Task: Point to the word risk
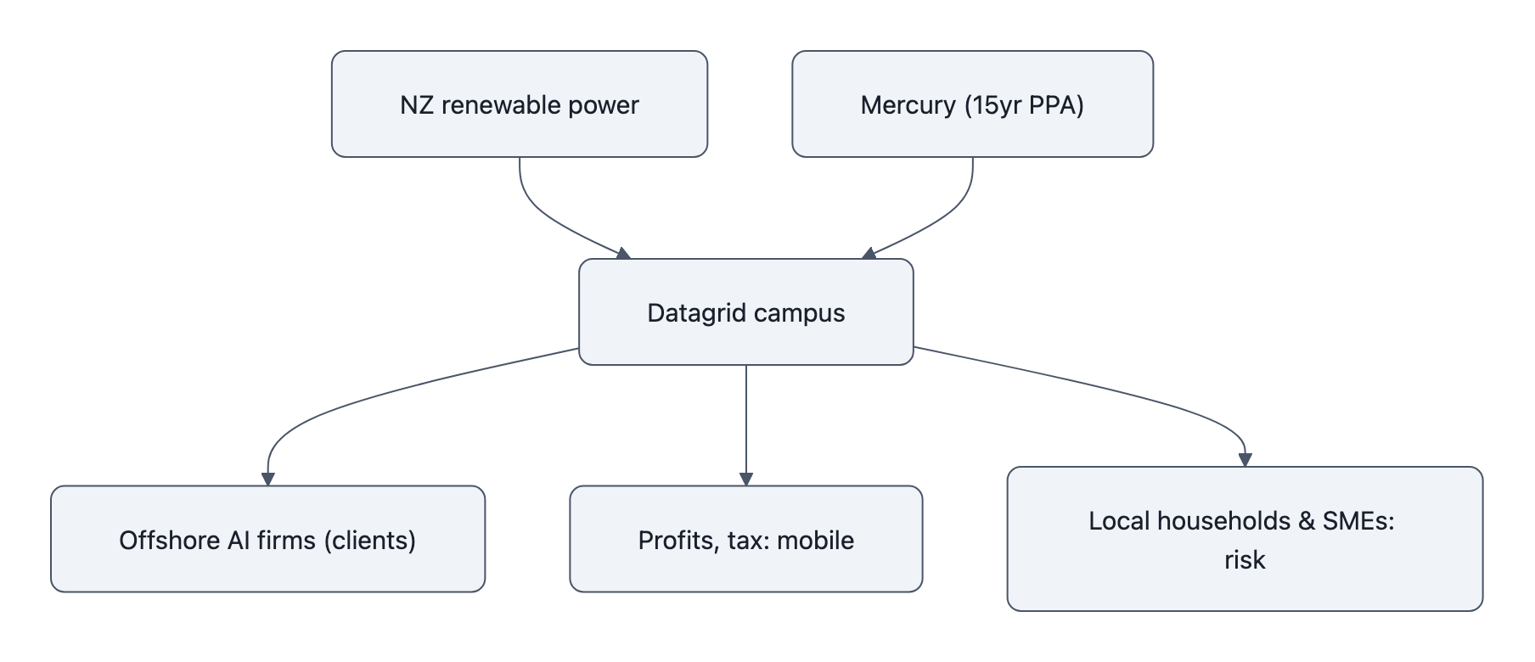click(1245, 560)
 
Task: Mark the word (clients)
click(370, 541)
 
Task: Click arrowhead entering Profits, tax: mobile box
click(746, 479)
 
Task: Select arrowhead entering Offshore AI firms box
click(268, 479)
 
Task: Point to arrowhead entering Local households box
click(1245, 460)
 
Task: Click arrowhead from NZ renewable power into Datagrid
click(623, 253)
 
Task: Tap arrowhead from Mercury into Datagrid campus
click(869, 253)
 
